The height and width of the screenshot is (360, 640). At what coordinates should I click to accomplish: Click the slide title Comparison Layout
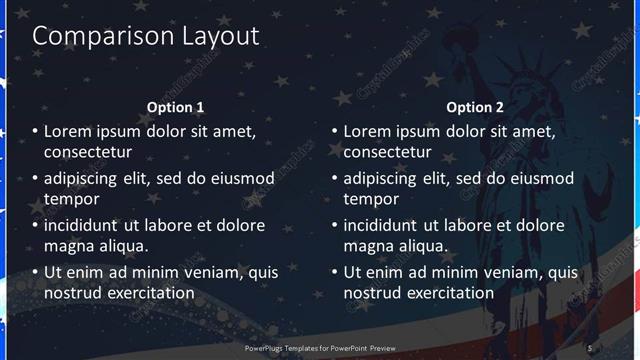pyautogui.click(x=146, y=36)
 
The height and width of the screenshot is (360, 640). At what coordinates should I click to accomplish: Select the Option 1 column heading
pyautogui.click(x=175, y=107)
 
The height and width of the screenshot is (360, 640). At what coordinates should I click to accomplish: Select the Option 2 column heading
pyautogui.click(x=475, y=107)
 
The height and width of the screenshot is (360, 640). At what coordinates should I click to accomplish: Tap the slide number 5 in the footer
pyautogui.click(x=590, y=347)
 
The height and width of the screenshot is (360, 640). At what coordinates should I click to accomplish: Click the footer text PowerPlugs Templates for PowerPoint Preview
pyautogui.click(x=320, y=347)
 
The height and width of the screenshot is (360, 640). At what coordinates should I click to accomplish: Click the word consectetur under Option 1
pyautogui.click(x=88, y=152)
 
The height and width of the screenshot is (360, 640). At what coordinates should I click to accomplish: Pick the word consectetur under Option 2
pyautogui.click(x=388, y=152)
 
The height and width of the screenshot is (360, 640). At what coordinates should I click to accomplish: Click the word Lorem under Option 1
pyautogui.click(x=66, y=131)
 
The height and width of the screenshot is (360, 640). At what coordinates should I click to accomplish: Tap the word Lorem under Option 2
pyautogui.click(x=366, y=131)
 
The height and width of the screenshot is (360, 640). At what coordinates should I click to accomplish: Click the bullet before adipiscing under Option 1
pyautogui.click(x=35, y=179)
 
